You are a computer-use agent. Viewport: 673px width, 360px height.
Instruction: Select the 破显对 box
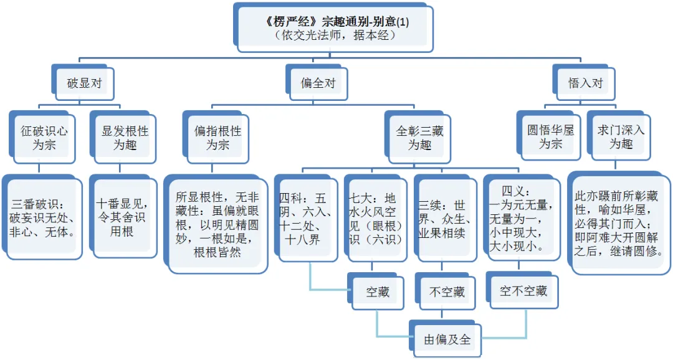tap(84, 82)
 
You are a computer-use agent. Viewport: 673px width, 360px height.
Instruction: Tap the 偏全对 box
tap(318, 82)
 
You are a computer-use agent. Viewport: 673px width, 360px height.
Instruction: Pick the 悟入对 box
tap(586, 82)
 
